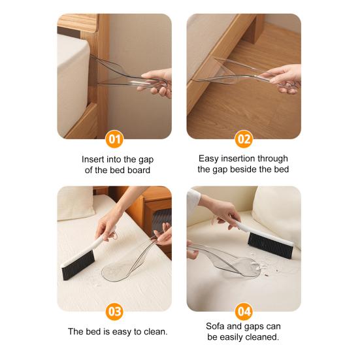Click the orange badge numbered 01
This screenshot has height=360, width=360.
point(114,139)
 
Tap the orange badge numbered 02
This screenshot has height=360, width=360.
point(244,139)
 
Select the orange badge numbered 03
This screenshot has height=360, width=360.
point(114,312)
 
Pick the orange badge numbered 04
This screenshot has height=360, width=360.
point(244,312)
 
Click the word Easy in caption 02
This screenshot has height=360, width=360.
point(210,158)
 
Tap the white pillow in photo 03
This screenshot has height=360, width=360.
point(75,203)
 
